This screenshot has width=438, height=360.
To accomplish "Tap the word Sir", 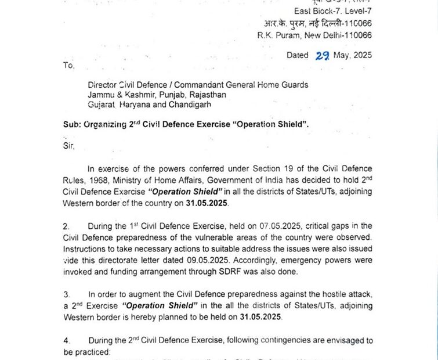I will [69, 146].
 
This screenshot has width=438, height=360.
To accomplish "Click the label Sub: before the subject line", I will [72, 125].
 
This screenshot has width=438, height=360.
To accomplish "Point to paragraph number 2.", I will [66, 225].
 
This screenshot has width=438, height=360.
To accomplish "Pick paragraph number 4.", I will [66, 340].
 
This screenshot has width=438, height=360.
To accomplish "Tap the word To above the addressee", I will [68, 66].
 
